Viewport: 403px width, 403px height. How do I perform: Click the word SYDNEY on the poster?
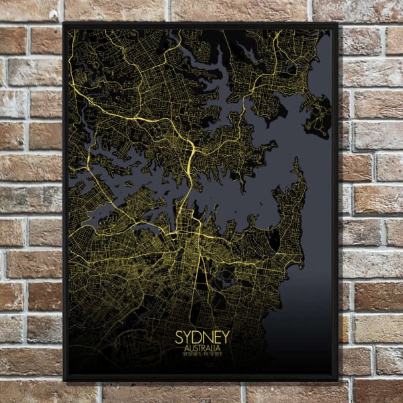click(202, 336)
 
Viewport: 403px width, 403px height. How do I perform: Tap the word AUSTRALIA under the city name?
click(202, 348)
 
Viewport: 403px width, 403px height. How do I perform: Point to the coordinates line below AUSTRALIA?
click(202, 355)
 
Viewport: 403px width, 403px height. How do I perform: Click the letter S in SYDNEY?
click(180, 336)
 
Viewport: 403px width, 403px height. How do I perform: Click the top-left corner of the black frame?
click(64, 24)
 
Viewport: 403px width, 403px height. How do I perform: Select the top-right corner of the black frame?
click(337, 24)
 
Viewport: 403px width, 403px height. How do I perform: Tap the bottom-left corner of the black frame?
click(64, 380)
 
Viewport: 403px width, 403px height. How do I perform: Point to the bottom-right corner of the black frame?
click(337, 380)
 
